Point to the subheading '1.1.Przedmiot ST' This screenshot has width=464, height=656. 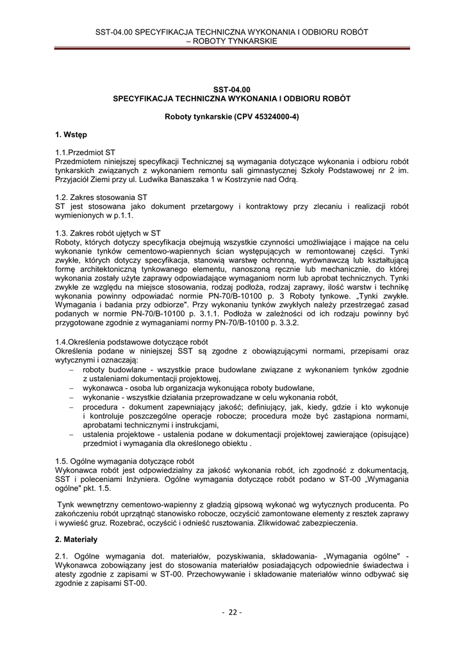tap(85, 153)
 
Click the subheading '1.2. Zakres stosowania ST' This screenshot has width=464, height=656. tap(101, 197)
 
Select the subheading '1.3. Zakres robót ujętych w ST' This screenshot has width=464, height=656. tap(108, 233)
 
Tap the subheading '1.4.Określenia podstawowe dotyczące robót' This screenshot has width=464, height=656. tap(131, 343)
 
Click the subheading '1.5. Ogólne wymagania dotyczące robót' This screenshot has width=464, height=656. tap(124, 461)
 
